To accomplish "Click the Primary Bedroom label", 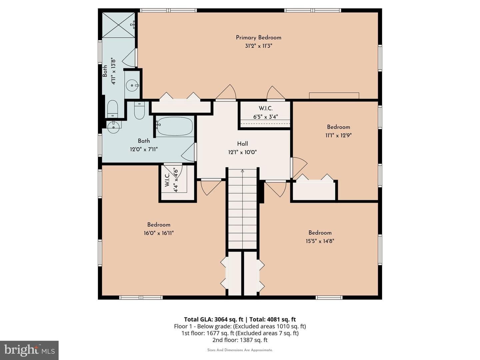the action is (x=258, y=38).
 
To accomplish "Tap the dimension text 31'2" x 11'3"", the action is (x=258, y=46).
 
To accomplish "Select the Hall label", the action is (x=243, y=144).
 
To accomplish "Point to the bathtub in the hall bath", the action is (x=175, y=126).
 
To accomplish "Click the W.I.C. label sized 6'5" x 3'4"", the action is (x=266, y=108).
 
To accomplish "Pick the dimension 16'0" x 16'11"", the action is (x=159, y=233).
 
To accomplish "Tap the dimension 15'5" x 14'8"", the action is (x=320, y=241).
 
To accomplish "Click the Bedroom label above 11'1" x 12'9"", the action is (x=339, y=127).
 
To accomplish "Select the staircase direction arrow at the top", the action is (x=242, y=171).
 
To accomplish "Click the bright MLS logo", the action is (x=29, y=350).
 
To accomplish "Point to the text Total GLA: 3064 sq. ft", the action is (x=214, y=319).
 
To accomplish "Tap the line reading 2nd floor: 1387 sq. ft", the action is (x=240, y=340).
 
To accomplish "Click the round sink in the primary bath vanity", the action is (x=132, y=85).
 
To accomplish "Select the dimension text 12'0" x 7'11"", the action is (x=144, y=149).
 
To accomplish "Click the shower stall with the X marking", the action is (x=119, y=25).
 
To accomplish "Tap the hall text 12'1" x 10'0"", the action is (x=243, y=152).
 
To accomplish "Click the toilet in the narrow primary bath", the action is (x=113, y=109).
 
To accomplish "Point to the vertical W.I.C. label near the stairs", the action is (x=167, y=180).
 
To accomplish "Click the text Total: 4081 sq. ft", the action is (x=273, y=319).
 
